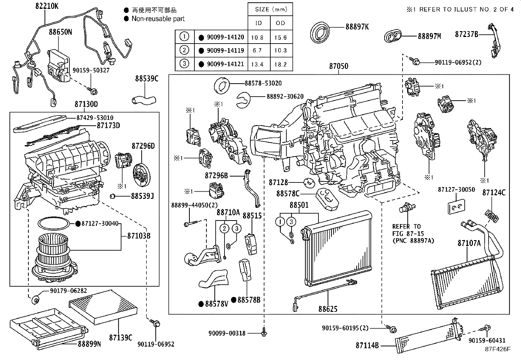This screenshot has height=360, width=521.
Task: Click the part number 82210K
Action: [47, 6]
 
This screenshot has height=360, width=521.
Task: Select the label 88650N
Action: [60, 32]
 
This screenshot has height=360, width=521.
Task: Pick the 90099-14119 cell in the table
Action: [225, 50]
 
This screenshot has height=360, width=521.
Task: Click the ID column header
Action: [259, 23]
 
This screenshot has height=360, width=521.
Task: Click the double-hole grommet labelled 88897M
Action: [392, 36]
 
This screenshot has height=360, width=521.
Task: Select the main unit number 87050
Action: [339, 66]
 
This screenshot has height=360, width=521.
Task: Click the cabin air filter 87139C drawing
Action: [103, 307]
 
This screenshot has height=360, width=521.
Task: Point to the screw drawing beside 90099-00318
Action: [264, 332]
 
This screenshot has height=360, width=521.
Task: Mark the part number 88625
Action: [328, 309]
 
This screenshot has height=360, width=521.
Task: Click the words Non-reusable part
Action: [158, 19]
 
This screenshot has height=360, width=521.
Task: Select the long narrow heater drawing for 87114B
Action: [429, 335]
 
